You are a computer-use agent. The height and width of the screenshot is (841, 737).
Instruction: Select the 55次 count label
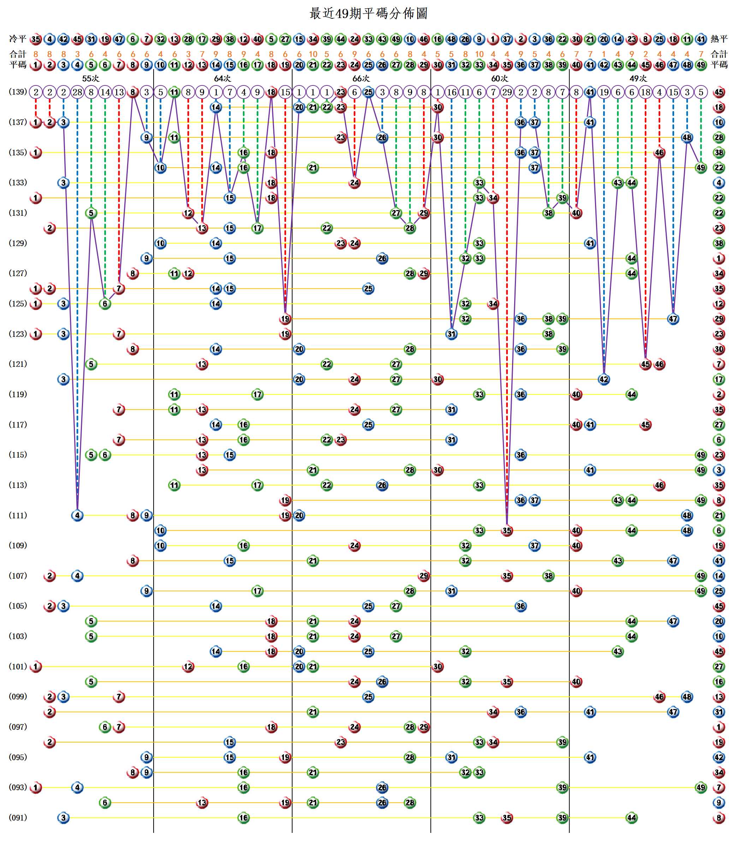(x=90, y=78)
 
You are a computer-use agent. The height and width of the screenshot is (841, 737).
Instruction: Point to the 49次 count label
(x=638, y=78)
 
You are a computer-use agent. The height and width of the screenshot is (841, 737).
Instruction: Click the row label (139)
(x=18, y=92)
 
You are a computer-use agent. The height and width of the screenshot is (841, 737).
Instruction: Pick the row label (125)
(x=18, y=304)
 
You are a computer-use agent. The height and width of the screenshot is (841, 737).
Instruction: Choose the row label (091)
(x=18, y=817)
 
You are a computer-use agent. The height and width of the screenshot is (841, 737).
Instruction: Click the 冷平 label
(x=18, y=39)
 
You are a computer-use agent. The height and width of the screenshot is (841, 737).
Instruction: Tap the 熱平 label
(x=719, y=39)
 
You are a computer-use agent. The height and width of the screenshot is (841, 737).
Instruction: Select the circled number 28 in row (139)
(x=77, y=92)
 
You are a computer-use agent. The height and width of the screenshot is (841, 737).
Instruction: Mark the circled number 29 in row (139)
(x=507, y=92)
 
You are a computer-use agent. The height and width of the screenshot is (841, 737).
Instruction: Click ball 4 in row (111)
(x=77, y=515)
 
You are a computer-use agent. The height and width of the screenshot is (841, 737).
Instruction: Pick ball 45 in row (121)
(x=645, y=364)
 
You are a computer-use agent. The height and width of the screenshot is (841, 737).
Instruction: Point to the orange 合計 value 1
(x=604, y=54)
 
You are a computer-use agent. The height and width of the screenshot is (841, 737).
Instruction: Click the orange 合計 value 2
(x=645, y=54)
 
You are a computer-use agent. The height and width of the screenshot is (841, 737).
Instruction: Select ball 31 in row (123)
(x=451, y=334)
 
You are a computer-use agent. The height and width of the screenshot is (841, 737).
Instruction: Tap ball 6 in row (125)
(x=105, y=304)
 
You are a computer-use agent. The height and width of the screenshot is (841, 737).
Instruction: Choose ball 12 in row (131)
(x=188, y=213)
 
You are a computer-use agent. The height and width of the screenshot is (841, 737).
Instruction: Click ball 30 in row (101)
(x=438, y=666)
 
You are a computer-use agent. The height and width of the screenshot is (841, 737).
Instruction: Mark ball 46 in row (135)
(x=659, y=153)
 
